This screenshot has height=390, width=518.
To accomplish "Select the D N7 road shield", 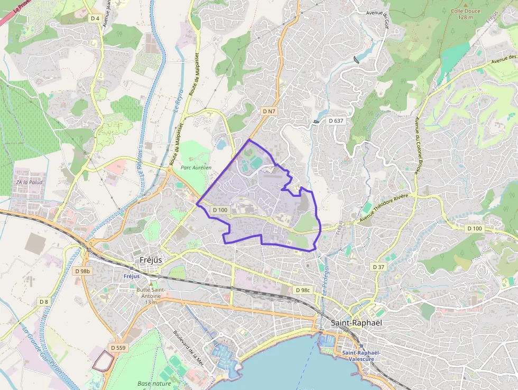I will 269,111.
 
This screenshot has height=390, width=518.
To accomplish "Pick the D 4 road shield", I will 95,18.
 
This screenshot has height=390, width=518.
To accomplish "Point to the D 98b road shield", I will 83,271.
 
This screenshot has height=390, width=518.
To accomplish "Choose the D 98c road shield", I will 303,290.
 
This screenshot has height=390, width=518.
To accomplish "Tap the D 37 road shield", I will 378,267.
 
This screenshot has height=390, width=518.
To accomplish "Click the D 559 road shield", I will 118,348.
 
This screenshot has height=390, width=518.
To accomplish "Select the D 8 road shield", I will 44,301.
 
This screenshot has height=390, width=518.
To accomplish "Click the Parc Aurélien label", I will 196,167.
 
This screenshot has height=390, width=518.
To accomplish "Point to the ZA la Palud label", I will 29,182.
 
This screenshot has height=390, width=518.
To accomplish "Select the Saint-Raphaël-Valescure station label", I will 361,356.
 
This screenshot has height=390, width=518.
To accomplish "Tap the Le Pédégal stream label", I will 325,277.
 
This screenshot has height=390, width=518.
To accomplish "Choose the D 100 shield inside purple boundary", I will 220,210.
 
